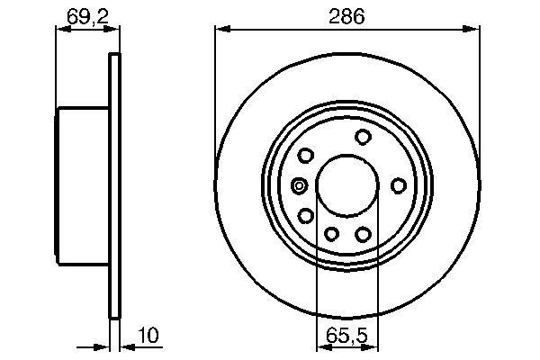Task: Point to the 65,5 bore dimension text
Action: pos(347,335)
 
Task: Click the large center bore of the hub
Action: pos(347,185)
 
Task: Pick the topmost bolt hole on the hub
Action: pos(364,137)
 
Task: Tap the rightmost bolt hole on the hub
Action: pos(398,185)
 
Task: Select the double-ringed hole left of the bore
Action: pos(300,186)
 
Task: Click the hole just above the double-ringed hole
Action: pos(306,156)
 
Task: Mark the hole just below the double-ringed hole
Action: pos(306,215)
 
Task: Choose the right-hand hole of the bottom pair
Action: pos(364,234)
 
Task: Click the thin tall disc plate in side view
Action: pos(114,185)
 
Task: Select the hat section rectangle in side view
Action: pos(83,185)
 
